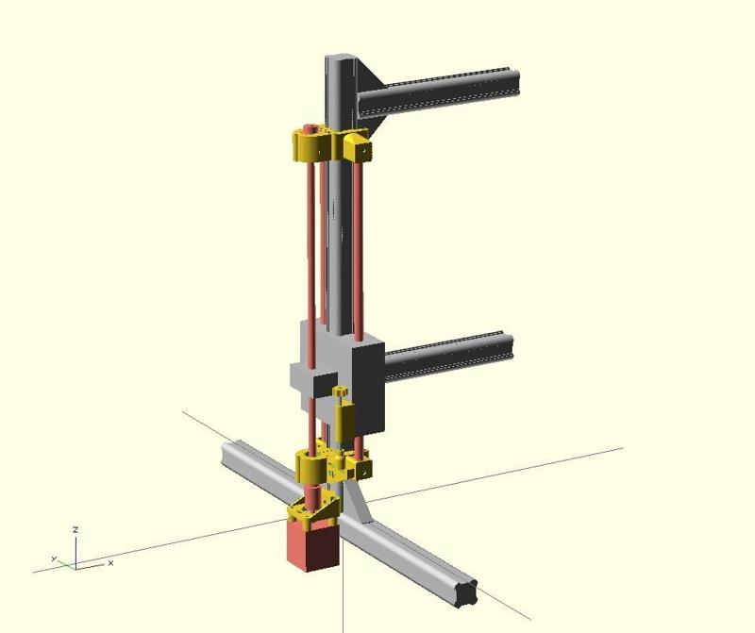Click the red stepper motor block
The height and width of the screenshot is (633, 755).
tap(313, 545)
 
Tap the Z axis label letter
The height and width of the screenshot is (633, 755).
tap(75, 529)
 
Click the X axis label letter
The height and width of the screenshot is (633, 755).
tap(110, 563)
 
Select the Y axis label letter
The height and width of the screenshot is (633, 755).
tap(54, 558)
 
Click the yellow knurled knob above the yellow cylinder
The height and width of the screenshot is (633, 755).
tap(341, 391)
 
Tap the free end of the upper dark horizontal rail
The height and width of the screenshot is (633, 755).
tap(516, 82)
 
